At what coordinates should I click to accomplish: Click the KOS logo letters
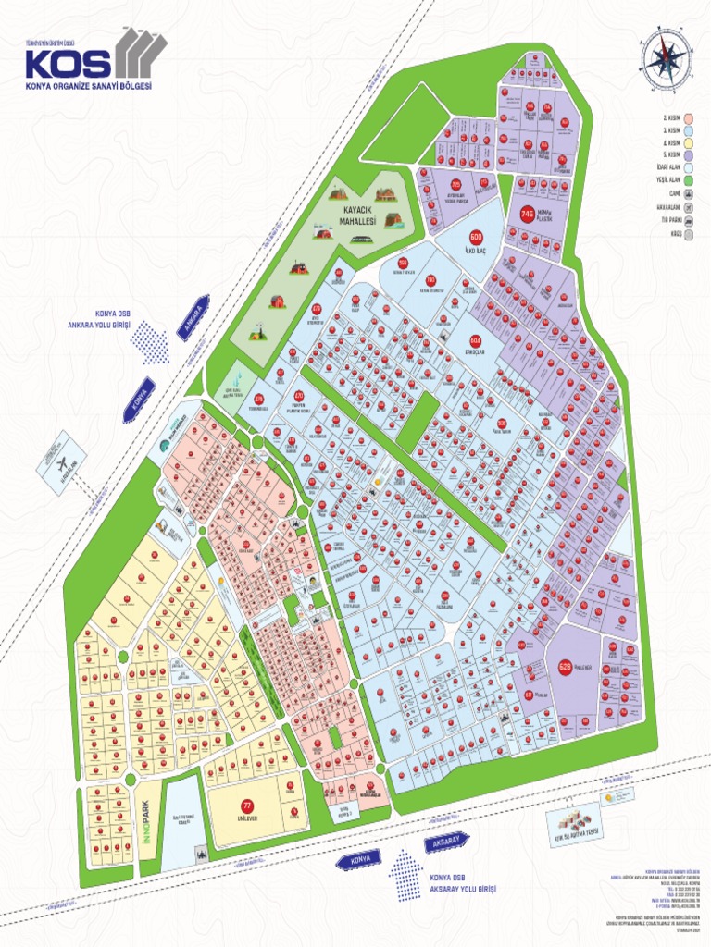[69, 63]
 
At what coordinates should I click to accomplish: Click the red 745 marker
[528, 215]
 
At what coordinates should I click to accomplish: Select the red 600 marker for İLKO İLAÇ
[478, 237]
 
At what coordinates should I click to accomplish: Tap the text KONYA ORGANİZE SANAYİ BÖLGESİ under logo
[89, 86]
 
